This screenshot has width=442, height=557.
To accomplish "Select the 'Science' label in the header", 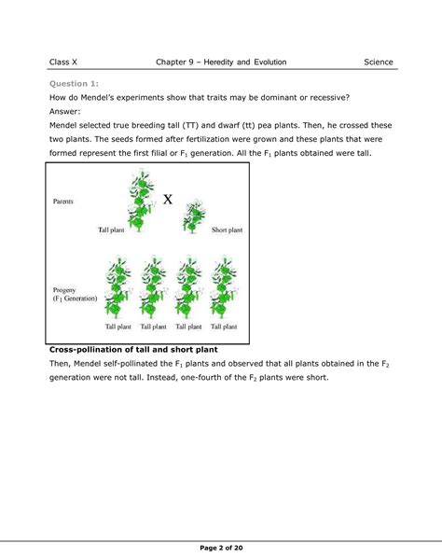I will pos(379,62).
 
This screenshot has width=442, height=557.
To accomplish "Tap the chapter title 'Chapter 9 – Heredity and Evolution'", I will pos(221,62).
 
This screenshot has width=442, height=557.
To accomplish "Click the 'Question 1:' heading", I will pos(76,82).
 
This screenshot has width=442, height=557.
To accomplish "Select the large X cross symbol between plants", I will pos(168,198).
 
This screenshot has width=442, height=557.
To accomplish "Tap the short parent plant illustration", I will pos(194,216).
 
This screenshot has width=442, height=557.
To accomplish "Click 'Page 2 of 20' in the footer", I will pos(221,544).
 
